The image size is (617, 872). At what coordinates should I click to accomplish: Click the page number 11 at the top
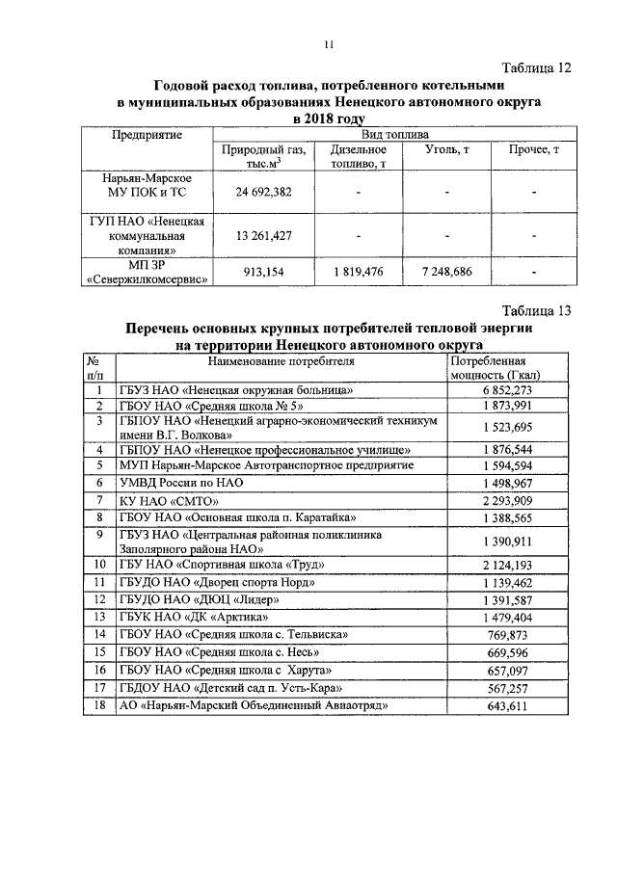tap(329, 44)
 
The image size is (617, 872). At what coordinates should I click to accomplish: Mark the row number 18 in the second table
tap(98, 706)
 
